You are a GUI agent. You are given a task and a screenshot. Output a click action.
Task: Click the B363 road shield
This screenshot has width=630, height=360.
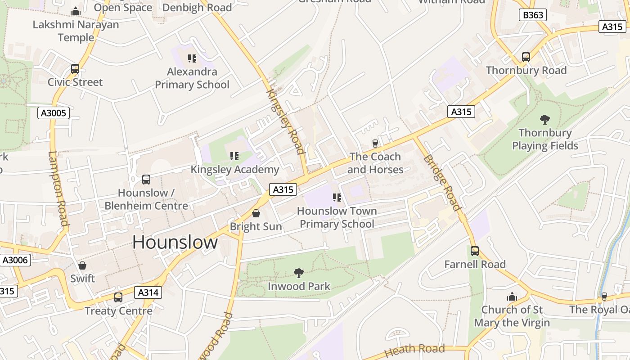pos(533,15)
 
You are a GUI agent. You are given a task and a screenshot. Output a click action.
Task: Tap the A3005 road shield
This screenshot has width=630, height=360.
pos(54,112)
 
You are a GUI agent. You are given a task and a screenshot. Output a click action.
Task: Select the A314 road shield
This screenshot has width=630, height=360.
pos(148,292)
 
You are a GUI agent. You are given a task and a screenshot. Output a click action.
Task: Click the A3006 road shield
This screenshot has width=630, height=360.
pos(15,260)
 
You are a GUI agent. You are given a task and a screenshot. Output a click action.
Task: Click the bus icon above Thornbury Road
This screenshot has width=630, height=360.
pos(526,57)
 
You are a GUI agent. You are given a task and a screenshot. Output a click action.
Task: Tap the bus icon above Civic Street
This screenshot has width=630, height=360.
pos(75,69)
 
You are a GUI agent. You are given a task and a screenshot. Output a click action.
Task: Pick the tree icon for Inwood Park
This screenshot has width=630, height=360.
pos(298,273)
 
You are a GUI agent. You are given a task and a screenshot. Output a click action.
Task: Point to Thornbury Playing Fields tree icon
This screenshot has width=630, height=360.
pos(544,119)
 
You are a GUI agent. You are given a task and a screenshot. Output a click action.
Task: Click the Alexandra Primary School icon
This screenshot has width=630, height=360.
pos(192,58)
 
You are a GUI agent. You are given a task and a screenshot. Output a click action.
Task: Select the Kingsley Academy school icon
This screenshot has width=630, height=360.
pos(234,156)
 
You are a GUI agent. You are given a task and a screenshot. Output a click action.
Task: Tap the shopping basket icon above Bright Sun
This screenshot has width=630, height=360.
pos(256,213)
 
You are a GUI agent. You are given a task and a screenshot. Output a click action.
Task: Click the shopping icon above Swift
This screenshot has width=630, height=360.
pos(82,265)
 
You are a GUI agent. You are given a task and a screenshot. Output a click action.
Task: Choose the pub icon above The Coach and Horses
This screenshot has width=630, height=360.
pos(375,143)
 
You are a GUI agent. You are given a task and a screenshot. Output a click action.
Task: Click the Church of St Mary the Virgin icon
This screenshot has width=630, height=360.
pos(512,297)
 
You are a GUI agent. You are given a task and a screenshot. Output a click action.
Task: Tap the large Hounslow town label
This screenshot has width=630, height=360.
pos(175,243)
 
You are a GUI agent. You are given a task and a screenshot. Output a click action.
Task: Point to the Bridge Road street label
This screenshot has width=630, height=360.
pos(442,182)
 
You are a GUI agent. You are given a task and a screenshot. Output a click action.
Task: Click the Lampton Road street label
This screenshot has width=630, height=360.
pos(58,189)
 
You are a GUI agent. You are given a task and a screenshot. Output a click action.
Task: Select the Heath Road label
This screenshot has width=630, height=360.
pos(414,349)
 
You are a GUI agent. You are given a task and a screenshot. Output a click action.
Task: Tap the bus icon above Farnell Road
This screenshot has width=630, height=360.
pos(475,251)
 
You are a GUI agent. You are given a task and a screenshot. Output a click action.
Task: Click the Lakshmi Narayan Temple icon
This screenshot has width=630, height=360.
pos(76,11)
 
